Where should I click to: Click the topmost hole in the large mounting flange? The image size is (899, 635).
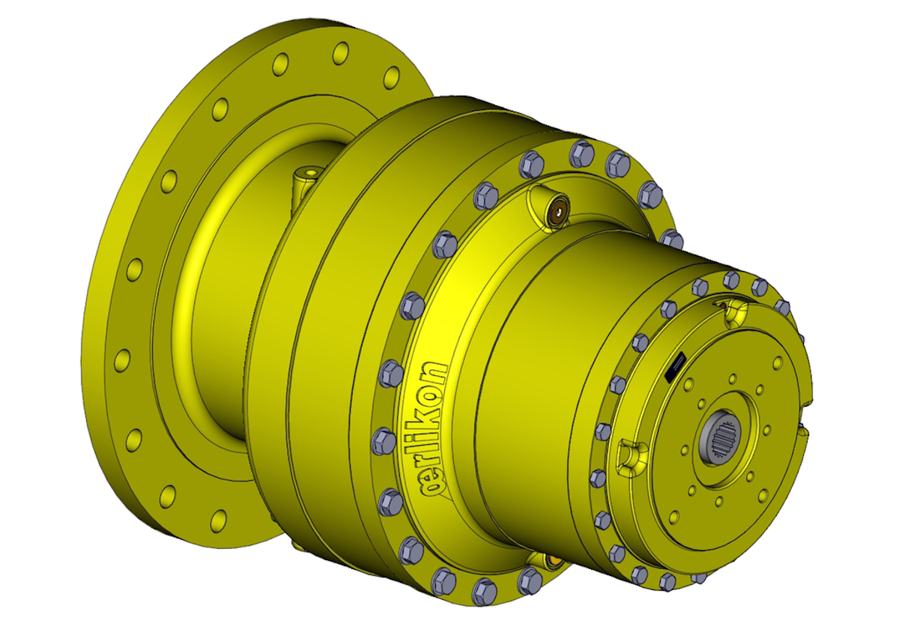(x=341, y=52)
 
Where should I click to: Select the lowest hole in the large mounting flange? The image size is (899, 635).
(x=219, y=518)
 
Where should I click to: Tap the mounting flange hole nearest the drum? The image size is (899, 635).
(x=392, y=77)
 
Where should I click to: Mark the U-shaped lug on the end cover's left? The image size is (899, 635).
(x=631, y=454)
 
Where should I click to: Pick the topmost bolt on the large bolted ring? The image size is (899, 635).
(x=582, y=154)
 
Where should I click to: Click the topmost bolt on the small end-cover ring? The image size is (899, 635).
(x=732, y=280)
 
